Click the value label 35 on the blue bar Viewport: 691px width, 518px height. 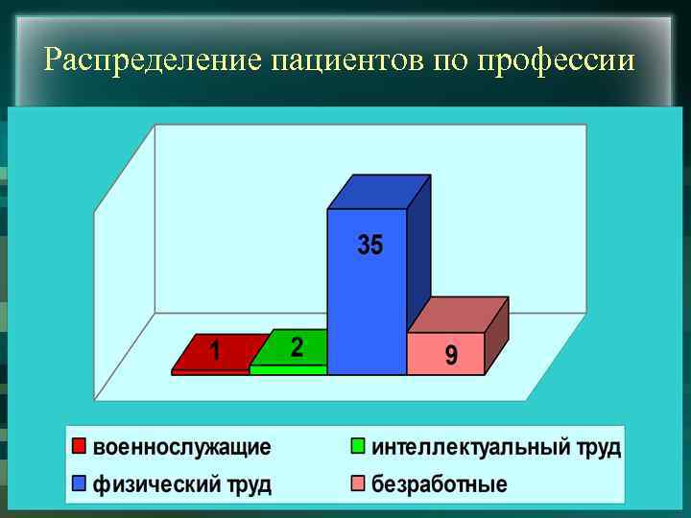[x=370, y=246]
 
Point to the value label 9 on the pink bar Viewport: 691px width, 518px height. [x=451, y=356]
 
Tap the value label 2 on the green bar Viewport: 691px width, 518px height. [x=297, y=347]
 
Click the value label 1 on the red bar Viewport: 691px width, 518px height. [x=216, y=353]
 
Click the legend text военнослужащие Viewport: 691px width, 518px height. [x=181, y=448]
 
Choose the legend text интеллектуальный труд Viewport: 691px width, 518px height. [x=495, y=448]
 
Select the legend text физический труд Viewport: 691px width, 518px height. [x=181, y=484]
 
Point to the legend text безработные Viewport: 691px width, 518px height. [x=439, y=484]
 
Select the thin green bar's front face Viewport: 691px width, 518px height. [x=288, y=369]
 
